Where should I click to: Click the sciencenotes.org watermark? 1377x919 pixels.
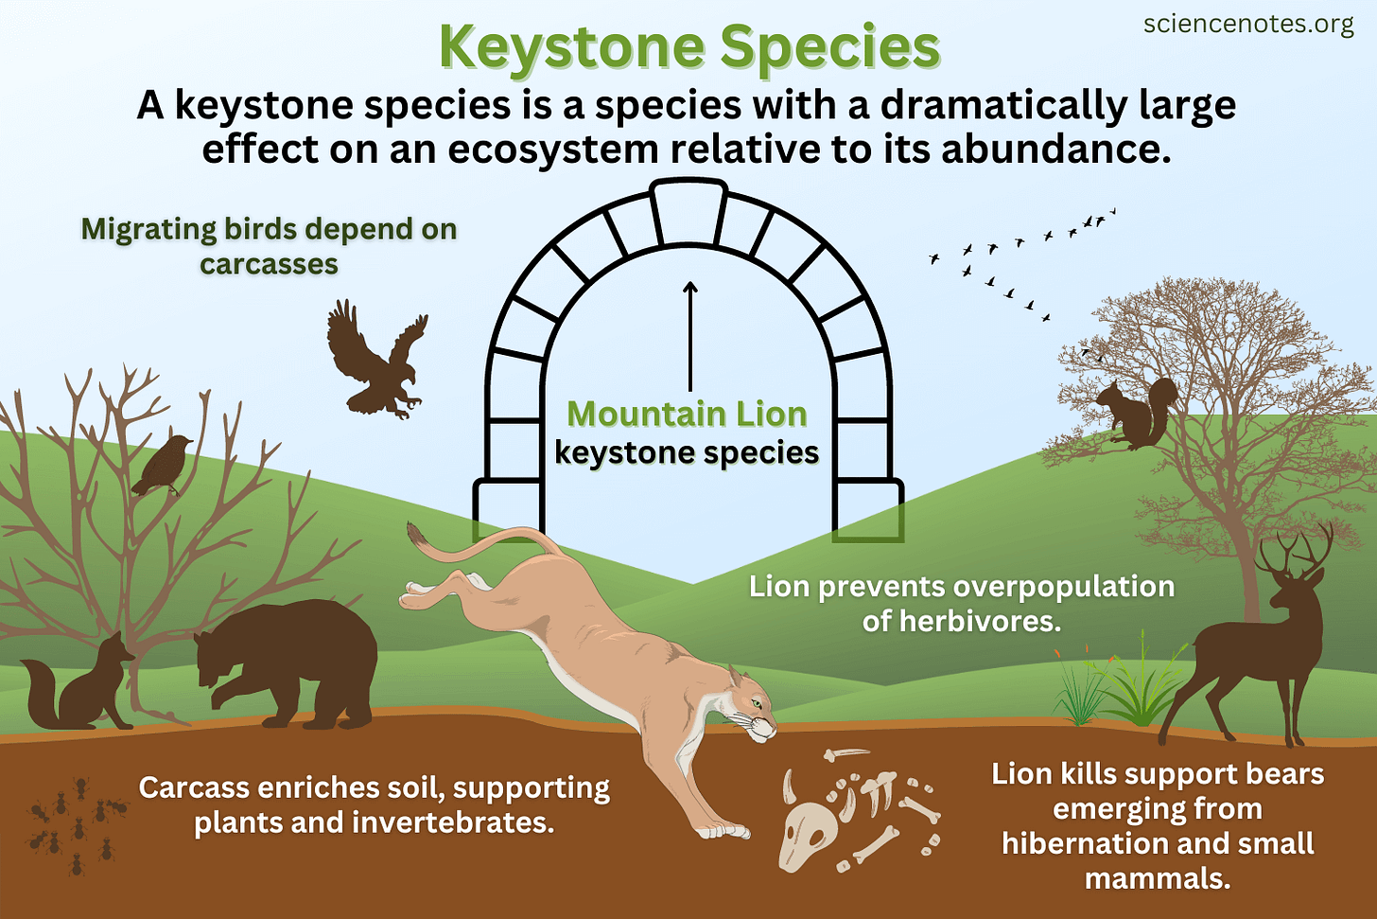click(1248, 23)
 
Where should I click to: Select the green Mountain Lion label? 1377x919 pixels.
click(687, 414)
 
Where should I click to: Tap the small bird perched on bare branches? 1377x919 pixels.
click(163, 464)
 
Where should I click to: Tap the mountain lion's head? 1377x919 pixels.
click(748, 705)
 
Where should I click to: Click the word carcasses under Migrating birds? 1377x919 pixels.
click(269, 264)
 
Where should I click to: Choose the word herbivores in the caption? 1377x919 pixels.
click(974, 621)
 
